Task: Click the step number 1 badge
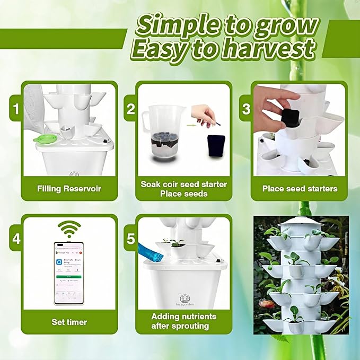(16, 109)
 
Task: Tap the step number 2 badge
(131, 109)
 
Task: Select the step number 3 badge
(246, 109)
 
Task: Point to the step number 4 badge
(16, 239)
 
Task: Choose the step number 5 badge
(131, 239)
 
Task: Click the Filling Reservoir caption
(69, 188)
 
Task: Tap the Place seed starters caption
(300, 188)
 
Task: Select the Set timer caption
(69, 322)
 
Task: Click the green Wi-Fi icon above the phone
(69, 229)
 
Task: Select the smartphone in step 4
(69, 274)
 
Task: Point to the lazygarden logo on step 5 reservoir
(185, 301)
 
